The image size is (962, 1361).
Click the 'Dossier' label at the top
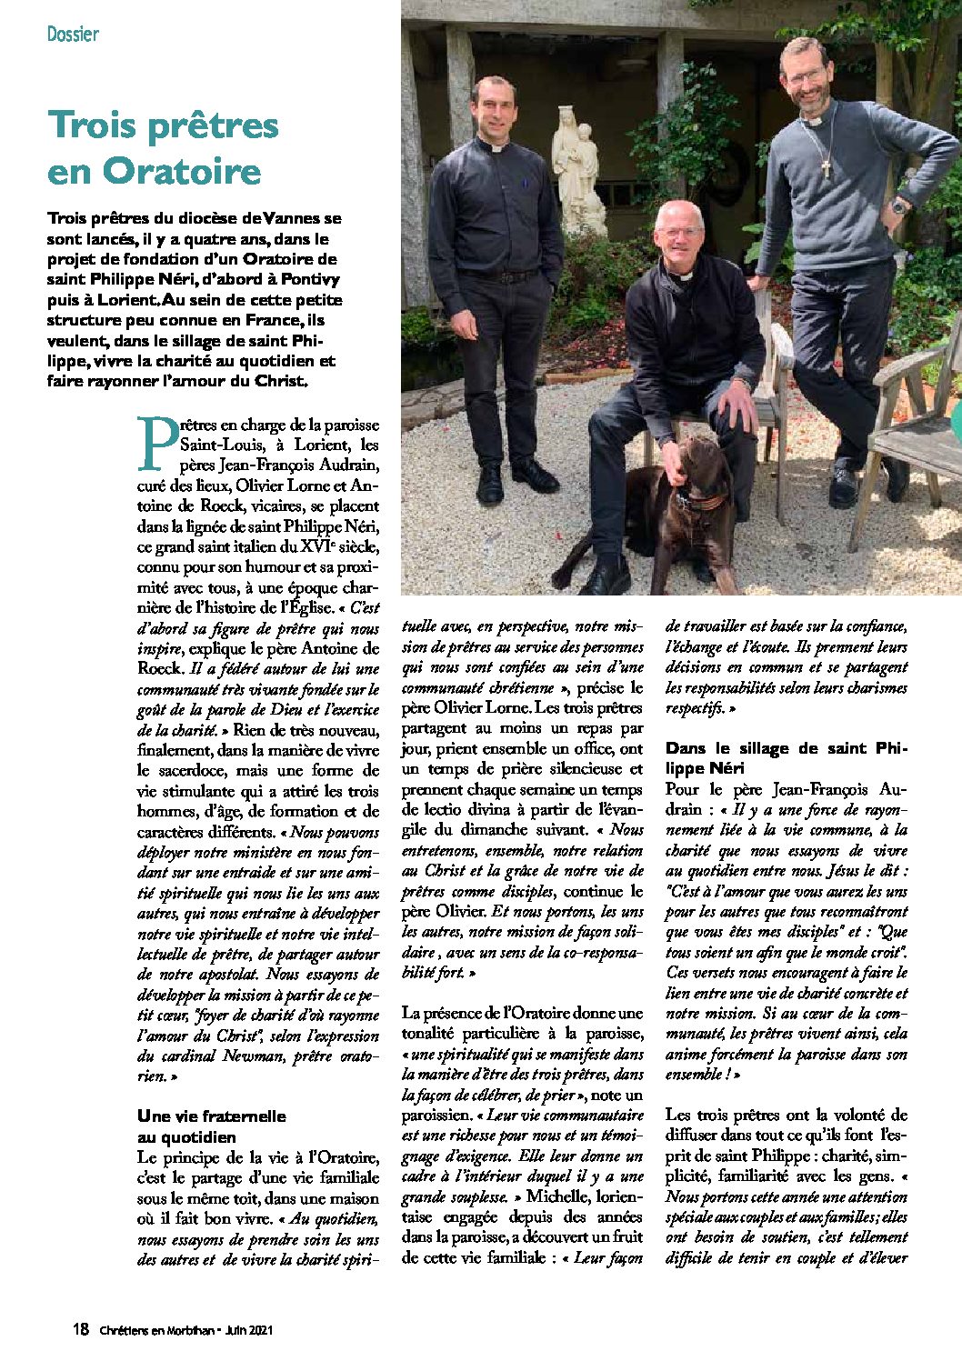coord(73,35)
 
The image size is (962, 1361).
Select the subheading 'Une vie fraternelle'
coord(211,1116)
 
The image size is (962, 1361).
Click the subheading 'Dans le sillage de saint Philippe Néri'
coord(787,758)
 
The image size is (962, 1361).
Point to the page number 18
coord(81,1329)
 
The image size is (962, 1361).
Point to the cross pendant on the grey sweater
coord(826,167)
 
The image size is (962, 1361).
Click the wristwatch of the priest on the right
coord(899,206)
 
